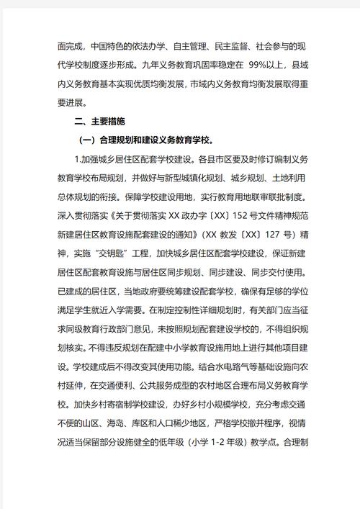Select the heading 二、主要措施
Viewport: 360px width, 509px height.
click(x=99, y=122)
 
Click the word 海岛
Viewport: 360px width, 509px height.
click(x=125, y=422)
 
